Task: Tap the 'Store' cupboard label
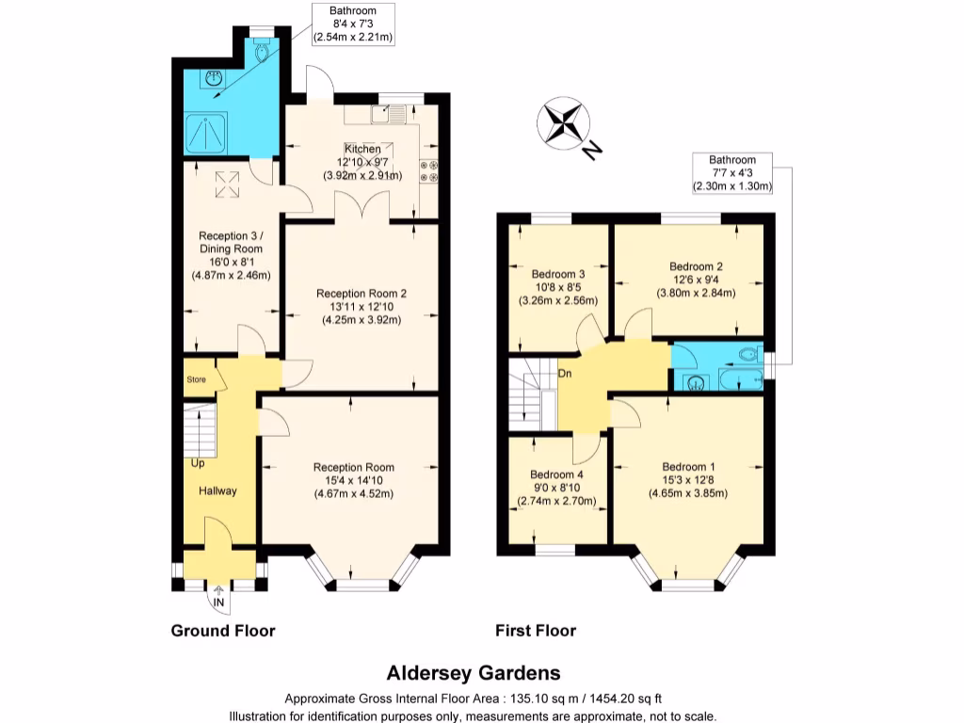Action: click(x=196, y=379)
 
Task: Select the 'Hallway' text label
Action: click(x=217, y=490)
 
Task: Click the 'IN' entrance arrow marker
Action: click(x=218, y=600)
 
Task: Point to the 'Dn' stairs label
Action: click(x=565, y=374)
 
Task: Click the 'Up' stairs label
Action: click(x=198, y=463)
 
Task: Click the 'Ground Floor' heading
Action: click(x=222, y=630)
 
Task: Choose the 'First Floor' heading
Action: click(x=536, y=630)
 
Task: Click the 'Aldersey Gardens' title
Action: click(x=474, y=672)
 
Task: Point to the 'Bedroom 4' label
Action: click(x=556, y=474)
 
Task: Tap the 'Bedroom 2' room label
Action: click(x=696, y=266)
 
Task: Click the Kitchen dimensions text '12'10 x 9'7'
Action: click(x=362, y=162)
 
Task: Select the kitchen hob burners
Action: click(x=429, y=171)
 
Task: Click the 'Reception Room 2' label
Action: click(x=361, y=293)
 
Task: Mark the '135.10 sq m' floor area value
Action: click(x=543, y=699)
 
